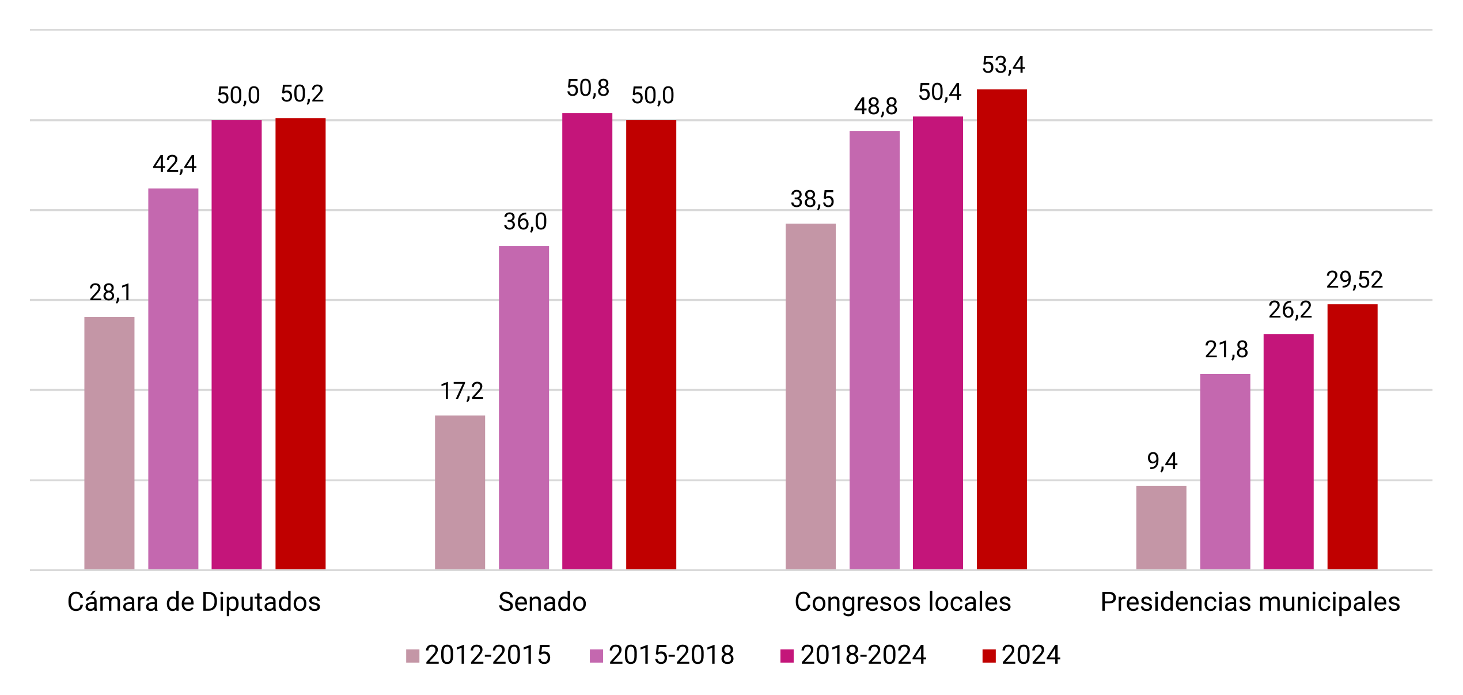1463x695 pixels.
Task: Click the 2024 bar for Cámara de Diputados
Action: (x=300, y=344)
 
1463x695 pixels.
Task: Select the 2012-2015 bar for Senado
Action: (x=460, y=493)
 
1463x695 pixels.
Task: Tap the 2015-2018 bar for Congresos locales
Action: (x=874, y=350)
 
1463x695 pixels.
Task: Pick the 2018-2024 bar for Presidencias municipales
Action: (x=1288, y=452)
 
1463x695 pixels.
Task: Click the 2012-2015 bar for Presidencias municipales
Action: (x=1161, y=528)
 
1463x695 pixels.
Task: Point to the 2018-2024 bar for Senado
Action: (x=587, y=341)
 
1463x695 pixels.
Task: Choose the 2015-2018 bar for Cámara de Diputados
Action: (x=173, y=379)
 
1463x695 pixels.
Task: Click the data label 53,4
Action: (x=1003, y=65)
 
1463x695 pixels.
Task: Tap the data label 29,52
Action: (x=1354, y=280)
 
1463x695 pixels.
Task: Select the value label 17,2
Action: (x=462, y=391)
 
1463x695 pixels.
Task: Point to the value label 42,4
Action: (x=175, y=164)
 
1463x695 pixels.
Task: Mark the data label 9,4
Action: (x=1162, y=461)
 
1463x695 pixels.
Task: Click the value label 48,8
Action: (x=875, y=107)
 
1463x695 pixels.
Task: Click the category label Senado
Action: (x=542, y=602)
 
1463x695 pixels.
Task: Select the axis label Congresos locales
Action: (x=903, y=602)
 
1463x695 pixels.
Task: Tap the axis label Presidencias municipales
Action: (x=1250, y=602)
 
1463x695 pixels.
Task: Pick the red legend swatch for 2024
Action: (x=989, y=656)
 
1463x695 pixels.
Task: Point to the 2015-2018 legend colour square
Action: (x=596, y=656)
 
